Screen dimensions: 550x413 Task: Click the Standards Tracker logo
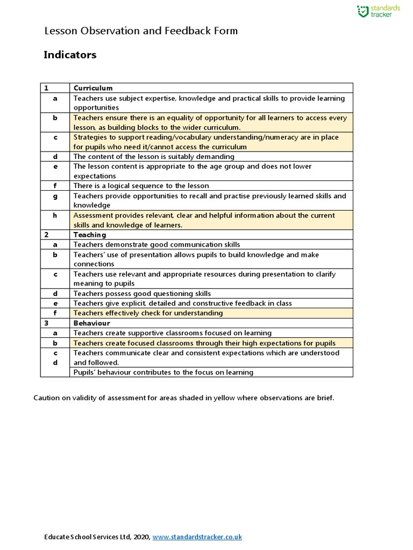(379, 11)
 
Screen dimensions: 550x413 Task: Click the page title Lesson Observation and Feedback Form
(140, 31)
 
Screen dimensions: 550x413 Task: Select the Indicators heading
(70, 55)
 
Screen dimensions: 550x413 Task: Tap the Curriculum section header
(93, 88)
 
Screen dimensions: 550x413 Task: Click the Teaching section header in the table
(90, 235)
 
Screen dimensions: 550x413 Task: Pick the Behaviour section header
(92, 323)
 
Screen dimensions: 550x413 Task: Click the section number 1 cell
(47, 88)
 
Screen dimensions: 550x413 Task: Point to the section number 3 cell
(47, 323)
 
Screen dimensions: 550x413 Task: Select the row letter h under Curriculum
(55, 215)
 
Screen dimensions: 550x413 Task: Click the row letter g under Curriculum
(55, 196)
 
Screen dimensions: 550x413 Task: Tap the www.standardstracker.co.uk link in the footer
(197, 537)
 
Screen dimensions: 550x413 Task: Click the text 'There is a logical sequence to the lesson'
(141, 186)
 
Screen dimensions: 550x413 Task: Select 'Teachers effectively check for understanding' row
(148, 313)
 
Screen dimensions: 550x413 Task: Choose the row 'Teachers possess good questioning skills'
(142, 294)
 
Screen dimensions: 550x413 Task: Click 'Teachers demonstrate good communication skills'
(156, 245)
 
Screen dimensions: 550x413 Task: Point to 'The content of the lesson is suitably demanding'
(154, 157)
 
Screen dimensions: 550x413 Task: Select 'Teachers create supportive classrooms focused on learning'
(173, 333)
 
